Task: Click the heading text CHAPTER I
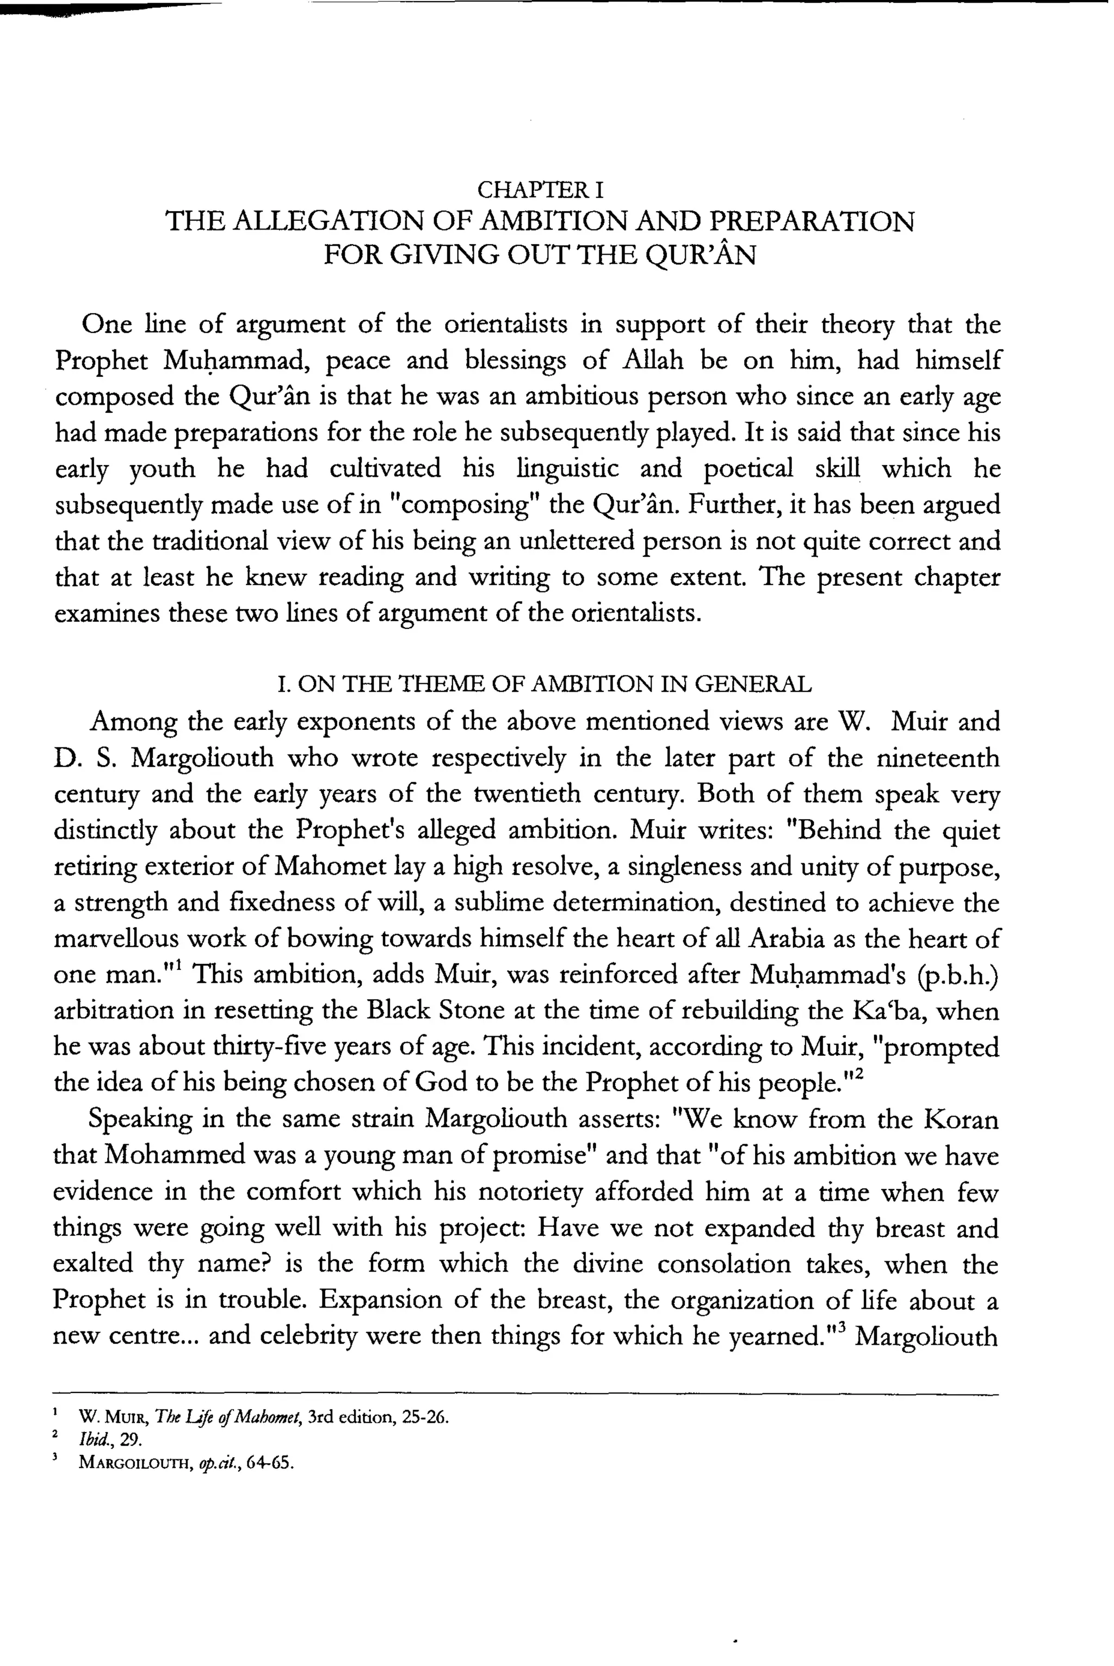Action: [540, 190]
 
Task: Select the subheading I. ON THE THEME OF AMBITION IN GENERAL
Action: [543, 684]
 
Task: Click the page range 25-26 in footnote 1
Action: [424, 1417]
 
